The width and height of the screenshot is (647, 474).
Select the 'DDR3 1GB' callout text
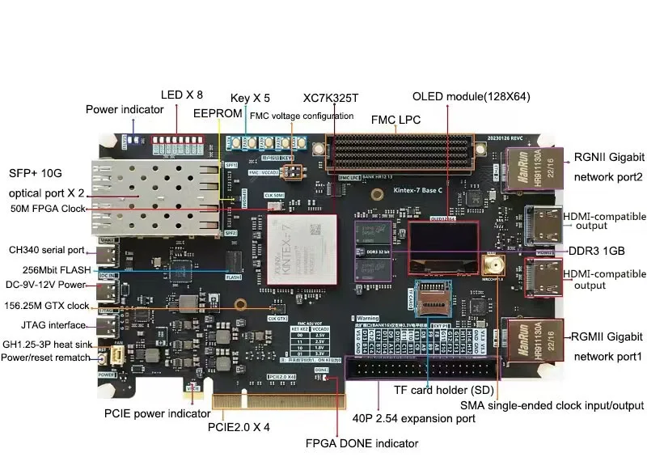coord(597,251)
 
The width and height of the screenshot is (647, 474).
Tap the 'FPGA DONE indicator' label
coord(362,443)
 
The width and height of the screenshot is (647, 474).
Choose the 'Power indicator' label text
coord(125,110)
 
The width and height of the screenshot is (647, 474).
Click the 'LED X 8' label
coord(182,94)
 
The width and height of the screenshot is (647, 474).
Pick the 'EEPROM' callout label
coord(218,114)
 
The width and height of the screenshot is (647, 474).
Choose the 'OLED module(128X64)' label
coord(472,96)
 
